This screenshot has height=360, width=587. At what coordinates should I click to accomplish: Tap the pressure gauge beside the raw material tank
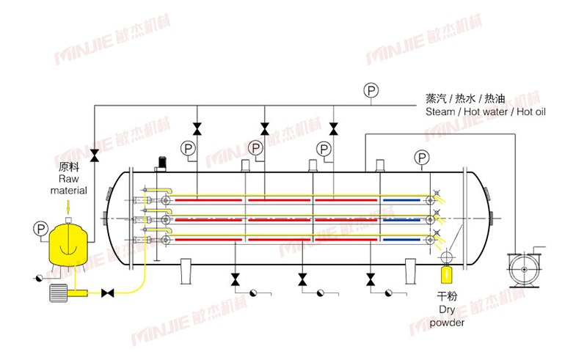click(x=39, y=229)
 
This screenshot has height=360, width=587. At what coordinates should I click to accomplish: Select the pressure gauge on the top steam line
click(x=371, y=91)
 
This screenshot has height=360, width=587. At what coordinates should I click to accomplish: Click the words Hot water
click(x=484, y=111)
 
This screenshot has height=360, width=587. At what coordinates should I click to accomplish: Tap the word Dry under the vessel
click(x=445, y=309)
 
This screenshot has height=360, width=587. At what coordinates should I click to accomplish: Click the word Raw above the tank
click(x=68, y=179)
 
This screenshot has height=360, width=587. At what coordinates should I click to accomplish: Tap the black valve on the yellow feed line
click(x=108, y=293)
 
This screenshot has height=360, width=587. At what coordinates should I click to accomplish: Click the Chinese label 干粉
click(x=445, y=297)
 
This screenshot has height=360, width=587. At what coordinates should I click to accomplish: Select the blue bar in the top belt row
click(x=403, y=199)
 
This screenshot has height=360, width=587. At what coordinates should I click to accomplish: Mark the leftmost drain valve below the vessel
click(x=235, y=279)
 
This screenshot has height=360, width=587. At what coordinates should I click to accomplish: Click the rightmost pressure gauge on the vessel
click(x=421, y=156)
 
